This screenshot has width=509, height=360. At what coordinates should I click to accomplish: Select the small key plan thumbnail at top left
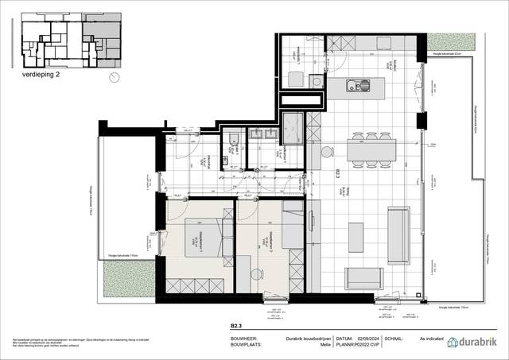[71, 40]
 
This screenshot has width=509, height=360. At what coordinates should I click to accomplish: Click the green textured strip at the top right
[451, 42]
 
